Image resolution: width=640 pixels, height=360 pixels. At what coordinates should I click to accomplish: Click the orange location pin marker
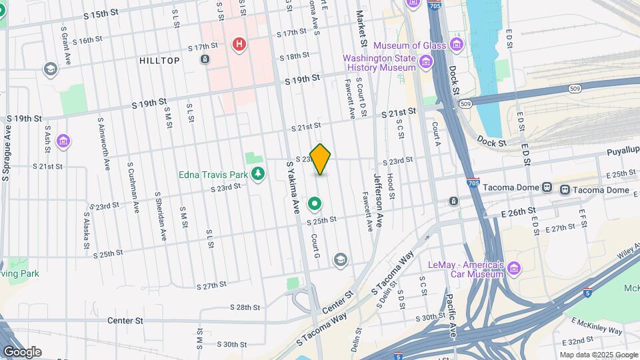coord(321,159)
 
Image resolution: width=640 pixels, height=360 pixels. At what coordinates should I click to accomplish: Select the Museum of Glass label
coord(409,46)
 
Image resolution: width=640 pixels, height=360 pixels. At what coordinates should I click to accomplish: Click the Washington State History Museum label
coord(379,63)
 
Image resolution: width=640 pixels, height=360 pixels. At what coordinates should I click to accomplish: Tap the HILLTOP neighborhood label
coord(160,61)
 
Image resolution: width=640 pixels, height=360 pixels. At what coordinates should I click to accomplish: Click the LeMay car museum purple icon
coord(513,268)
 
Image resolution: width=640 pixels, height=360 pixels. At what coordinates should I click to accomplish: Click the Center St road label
coord(125,321)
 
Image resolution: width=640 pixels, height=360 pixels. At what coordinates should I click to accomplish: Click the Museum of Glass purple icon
coord(457,45)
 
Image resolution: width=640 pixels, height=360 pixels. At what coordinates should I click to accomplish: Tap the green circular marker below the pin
coord(315,203)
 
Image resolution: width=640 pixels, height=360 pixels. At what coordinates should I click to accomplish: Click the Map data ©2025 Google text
coord(599,355)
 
